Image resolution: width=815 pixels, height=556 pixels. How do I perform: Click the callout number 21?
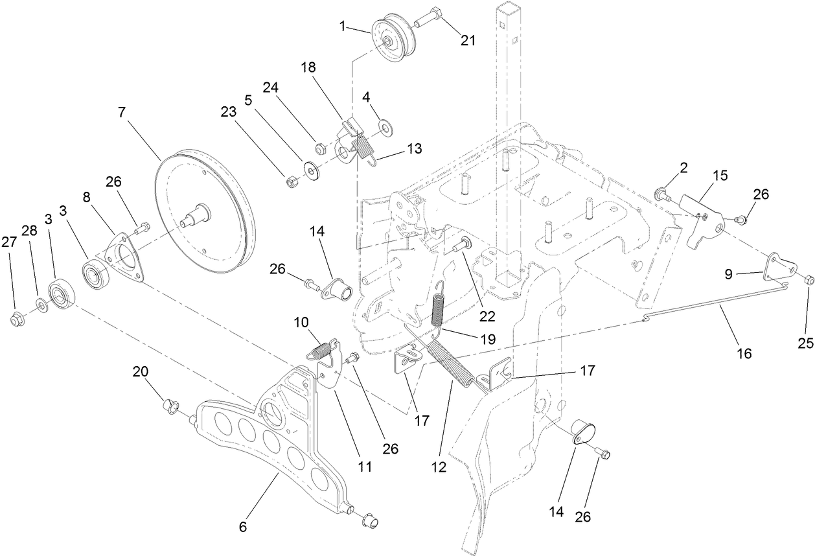pos(468,40)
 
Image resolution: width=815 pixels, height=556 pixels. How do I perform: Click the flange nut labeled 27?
pos(17,318)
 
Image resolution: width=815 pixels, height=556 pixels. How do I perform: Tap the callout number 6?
pos(243,527)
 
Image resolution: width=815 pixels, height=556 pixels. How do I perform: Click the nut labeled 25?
pos(809,280)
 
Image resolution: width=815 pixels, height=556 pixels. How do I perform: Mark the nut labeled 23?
pos(292,181)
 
